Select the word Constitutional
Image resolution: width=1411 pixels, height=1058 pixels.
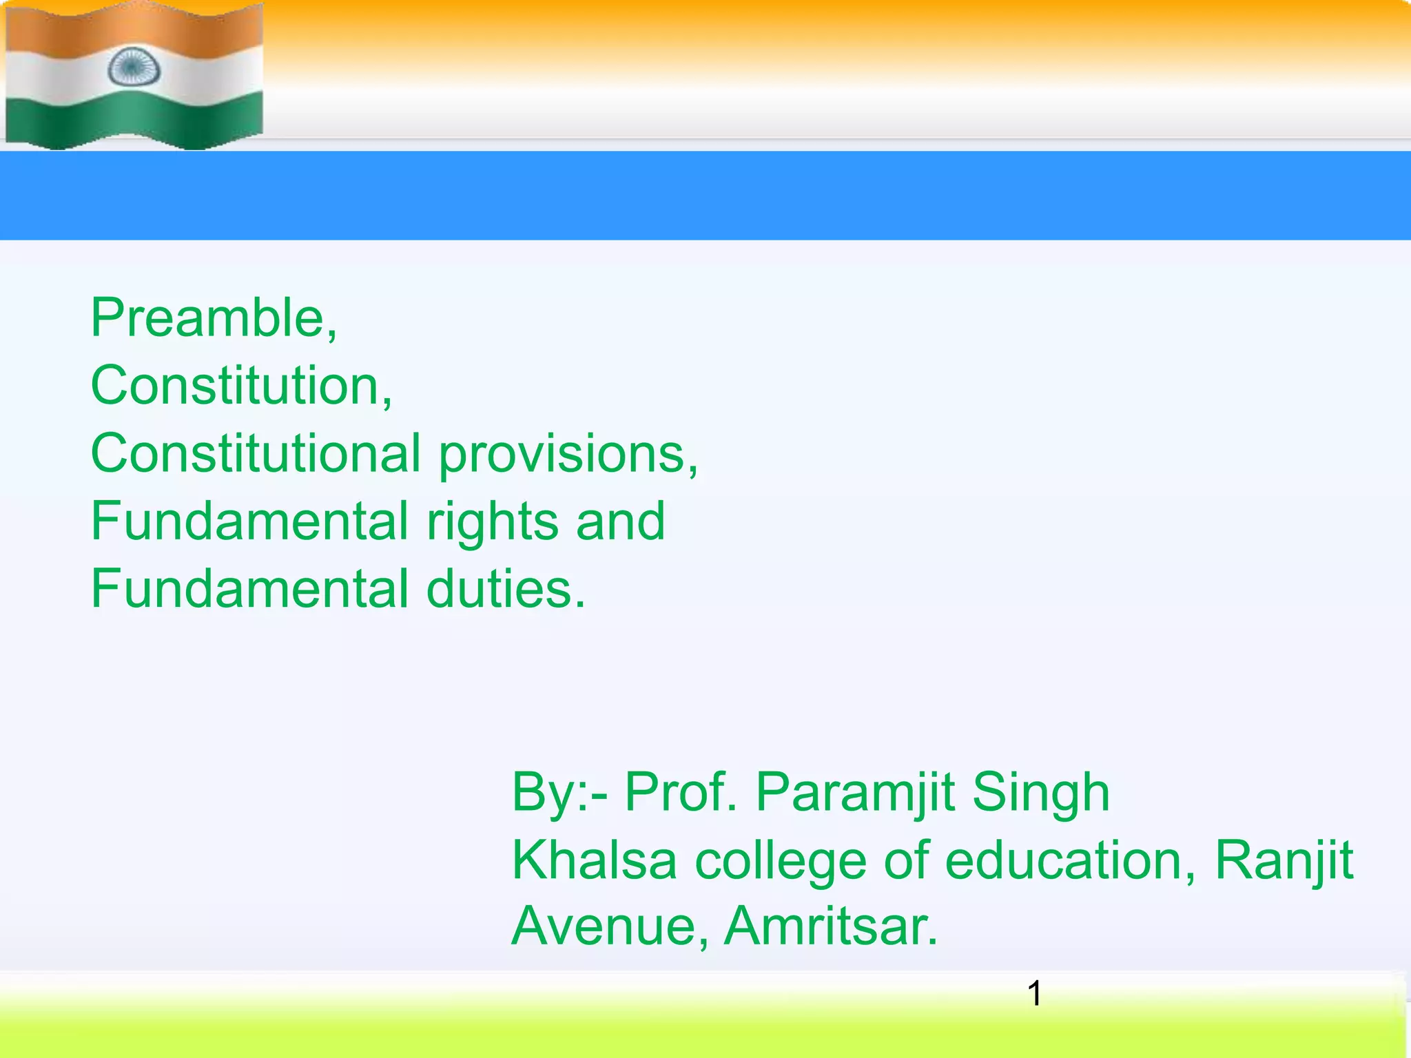(256, 453)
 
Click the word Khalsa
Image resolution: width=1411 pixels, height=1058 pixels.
(595, 860)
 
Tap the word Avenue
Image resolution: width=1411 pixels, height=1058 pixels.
(610, 926)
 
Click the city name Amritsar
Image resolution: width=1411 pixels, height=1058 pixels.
(831, 926)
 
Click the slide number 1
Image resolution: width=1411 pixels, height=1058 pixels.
(1034, 994)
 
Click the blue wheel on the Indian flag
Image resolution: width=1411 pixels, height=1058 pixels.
(134, 68)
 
